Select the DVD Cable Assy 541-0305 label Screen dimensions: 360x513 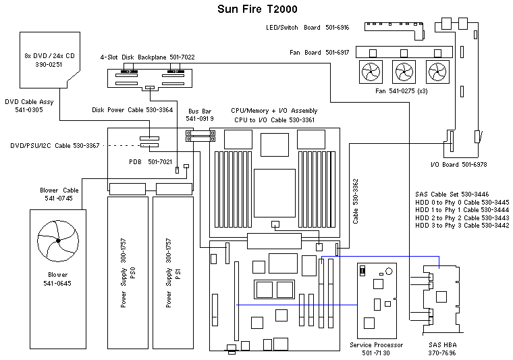tap(28, 105)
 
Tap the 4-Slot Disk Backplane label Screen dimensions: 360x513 tap(147, 57)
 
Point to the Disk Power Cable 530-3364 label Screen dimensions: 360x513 tap(132, 109)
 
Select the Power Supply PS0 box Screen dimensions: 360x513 tap(128, 268)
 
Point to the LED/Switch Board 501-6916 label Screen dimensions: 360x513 tap(307, 28)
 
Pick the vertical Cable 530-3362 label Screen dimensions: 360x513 tap(356, 201)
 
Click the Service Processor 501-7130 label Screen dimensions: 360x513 tap(377, 349)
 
